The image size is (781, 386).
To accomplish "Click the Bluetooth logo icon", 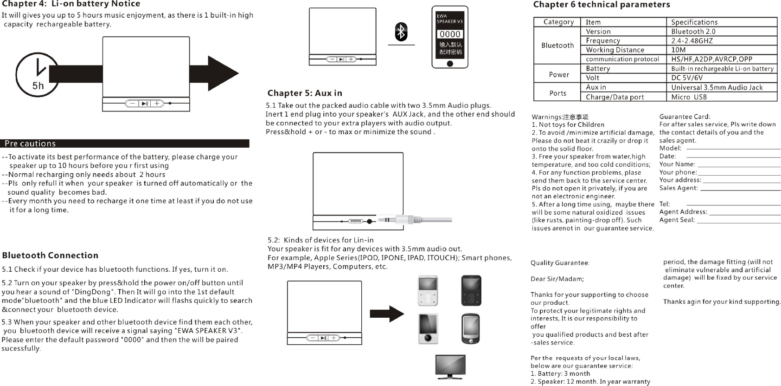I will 401,32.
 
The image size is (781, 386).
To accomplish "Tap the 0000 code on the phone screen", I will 450,34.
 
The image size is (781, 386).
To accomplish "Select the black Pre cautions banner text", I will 30,144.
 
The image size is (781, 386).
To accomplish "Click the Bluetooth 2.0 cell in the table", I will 693,32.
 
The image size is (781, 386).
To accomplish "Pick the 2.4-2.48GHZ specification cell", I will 692,41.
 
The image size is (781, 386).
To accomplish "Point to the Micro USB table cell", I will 689,97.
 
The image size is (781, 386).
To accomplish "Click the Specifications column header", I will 694,22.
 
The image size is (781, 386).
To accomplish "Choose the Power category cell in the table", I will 559,74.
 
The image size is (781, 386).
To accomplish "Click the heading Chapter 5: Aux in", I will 305,93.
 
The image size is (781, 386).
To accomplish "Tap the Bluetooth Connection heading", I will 50,255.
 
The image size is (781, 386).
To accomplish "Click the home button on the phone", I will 449,63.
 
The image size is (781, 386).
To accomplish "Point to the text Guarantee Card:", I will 685,117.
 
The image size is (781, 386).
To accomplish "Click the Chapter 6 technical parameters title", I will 602,5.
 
